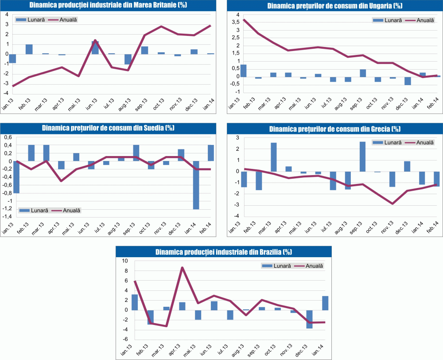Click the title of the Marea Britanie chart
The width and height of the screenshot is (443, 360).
108,5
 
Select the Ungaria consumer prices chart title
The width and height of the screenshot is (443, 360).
334,6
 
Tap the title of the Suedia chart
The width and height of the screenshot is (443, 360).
108,128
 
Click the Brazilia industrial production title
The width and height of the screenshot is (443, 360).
223,252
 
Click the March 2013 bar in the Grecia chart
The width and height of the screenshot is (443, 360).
274,157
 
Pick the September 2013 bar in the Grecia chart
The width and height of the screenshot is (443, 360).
362,157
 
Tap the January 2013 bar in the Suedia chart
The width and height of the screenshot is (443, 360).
16,177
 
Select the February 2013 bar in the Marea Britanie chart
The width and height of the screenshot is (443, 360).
29,49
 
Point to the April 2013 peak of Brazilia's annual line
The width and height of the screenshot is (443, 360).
182,267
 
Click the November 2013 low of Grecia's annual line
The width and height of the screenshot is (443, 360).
392,203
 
